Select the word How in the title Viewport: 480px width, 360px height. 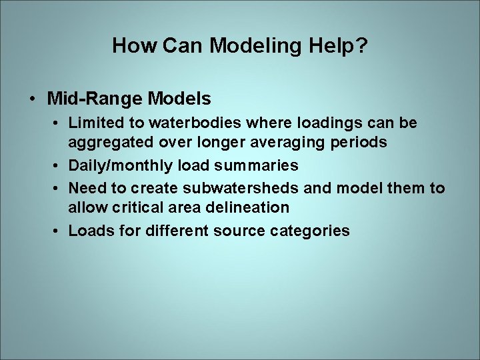click(x=134, y=45)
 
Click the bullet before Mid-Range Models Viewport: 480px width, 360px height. click(x=33, y=99)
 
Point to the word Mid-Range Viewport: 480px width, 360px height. click(x=95, y=99)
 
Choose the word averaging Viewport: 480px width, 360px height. click(x=291, y=141)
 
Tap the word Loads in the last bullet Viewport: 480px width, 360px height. click(x=88, y=231)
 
